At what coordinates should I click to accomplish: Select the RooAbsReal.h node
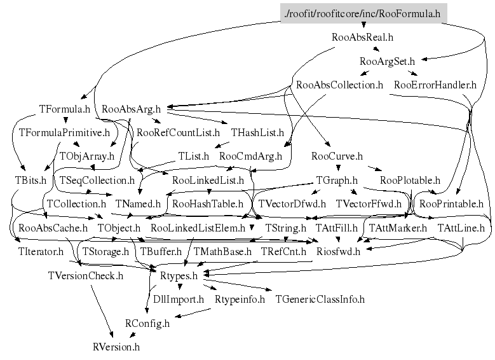pyautogui.click(x=362, y=38)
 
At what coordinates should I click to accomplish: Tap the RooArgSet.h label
pyautogui.click(x=387, y=62)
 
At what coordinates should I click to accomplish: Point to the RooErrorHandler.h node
pyautogui.click(x=435, y=85)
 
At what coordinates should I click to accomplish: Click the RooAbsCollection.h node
pyautogui.click(x=339, y=85)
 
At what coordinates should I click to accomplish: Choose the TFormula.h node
pyautogui.click(x=65, y=109)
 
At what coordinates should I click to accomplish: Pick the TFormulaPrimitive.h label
pyautogui.click(x=65, y=133)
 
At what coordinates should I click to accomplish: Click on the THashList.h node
pyautogui.click(x=257, y=133)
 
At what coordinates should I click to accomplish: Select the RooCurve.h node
pyautogui.click(x=337, y=156)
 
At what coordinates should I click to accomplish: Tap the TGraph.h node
pyautogui.click(x=337, y=181)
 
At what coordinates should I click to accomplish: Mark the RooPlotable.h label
pyautogui.click(x=410, y=181)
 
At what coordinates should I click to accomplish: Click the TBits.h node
pyautogui.click(x=31, y=181)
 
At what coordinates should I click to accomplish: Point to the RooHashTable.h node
pyautogui.click(x=208, y=205)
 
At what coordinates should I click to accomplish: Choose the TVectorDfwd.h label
pyautogui.click(x=292, y=205)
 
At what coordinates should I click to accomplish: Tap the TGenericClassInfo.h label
pyautogui.click(x=320, y=299)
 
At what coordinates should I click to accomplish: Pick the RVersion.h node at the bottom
pyautogui.click(x=116, y=347)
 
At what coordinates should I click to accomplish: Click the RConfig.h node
pyautogui.click(x=147, y=323)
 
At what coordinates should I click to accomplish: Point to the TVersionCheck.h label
pyautogui.click(x=86, y=276)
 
